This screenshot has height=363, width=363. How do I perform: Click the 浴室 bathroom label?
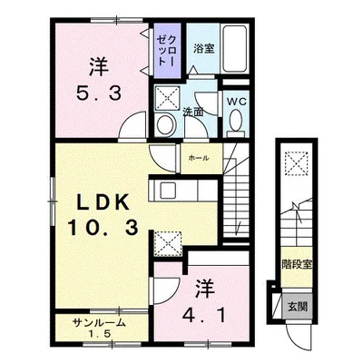(204, 48)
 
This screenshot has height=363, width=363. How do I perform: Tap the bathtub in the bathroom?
(234, 49)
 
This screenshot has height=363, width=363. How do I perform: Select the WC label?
(237, 102)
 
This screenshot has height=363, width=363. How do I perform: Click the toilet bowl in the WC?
(236, 121)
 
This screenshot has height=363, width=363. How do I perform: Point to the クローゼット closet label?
(167, 49)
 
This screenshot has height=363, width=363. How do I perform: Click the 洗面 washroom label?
(192, 113)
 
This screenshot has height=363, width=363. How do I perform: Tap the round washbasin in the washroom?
(166, 124)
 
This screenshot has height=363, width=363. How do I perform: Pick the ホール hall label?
(198, 158)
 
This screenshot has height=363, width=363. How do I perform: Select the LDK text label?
(103, 202)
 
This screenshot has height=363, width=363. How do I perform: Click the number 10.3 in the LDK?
(103, 228)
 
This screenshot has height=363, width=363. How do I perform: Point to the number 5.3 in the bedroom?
(99, 93)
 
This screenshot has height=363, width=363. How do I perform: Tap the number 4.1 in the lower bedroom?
(204, 316)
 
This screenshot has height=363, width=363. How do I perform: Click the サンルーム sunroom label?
(99, 324)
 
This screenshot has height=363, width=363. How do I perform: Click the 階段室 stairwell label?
(297, 265)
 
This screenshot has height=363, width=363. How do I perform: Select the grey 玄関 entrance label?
(298, 307)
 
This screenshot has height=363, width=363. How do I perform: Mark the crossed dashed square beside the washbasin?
(167, 98)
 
